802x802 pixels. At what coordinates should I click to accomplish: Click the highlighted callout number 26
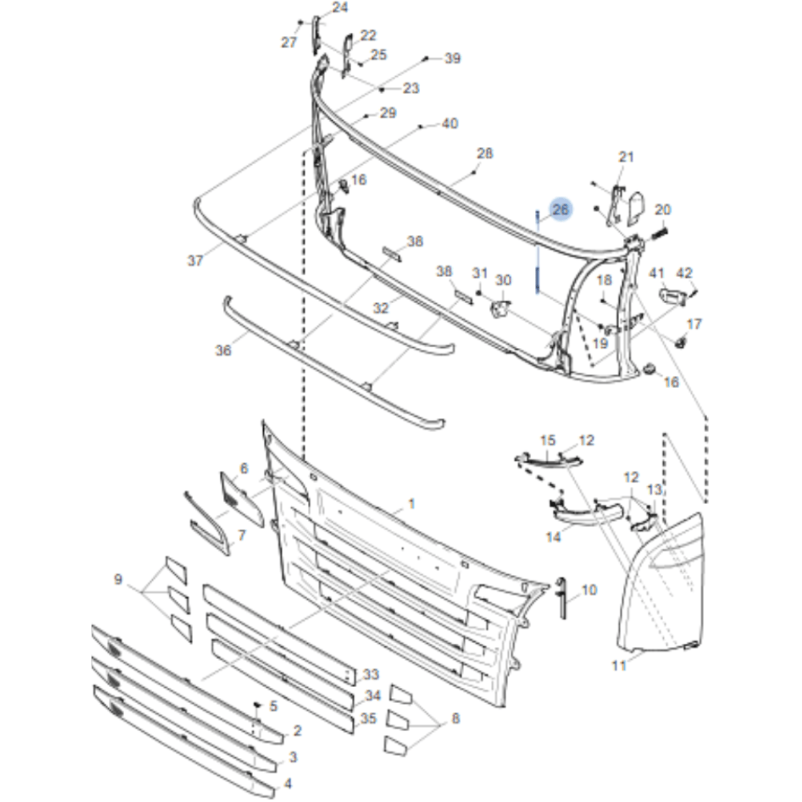click(x=560, y=210)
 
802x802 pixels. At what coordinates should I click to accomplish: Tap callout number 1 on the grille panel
click(x=411, y=503)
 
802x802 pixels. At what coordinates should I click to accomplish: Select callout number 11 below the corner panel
click(x=619, y=665)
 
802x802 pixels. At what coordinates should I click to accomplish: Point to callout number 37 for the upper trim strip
click(x=195, y=261)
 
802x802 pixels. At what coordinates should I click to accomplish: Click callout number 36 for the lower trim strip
click(x=223, y=349)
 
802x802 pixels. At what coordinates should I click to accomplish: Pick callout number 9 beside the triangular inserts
click(x=118, y=579)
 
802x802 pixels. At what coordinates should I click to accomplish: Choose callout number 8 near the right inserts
click(x=455, y=719)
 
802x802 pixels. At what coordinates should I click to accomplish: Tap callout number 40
click(x=450, y=124)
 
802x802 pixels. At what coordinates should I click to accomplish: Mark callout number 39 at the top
click(x=453, y=59)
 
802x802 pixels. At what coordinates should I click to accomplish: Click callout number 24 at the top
click(x=340, y=8)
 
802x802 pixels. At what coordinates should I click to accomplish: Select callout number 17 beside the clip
click(x=694, y=324)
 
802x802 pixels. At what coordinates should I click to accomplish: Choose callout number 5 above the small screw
click(x=272, y=705)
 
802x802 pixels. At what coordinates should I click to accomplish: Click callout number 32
click(x=381, y=309)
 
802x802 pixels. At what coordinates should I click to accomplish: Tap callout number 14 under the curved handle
click(x=554, y=536)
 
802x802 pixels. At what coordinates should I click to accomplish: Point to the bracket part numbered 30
click(x=500, y=311)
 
